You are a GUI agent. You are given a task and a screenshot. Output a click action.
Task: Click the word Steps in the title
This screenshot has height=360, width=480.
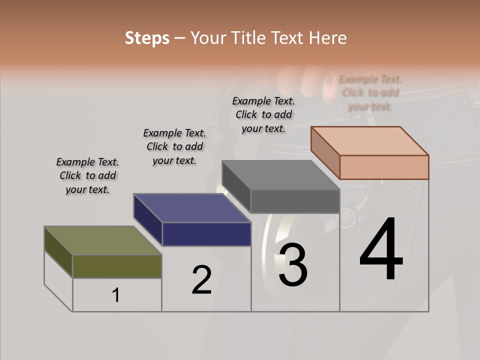(147, 38)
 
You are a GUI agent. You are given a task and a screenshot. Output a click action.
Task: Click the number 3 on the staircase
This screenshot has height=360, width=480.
(293, 265)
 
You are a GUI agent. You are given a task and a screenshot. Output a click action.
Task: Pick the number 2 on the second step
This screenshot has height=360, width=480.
(201, 280)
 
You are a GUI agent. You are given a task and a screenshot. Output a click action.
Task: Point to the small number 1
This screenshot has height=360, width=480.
(116, 295)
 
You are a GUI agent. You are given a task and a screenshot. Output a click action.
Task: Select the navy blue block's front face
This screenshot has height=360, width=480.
(206, 234)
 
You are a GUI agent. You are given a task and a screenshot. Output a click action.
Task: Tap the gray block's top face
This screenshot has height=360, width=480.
(280, 175)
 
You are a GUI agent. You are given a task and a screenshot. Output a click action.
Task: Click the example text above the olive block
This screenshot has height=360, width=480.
(87, 176)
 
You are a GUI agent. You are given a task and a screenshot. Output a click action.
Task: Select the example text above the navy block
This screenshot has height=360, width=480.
(174, 146)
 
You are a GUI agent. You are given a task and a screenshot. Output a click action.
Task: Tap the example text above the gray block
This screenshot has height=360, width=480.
(263, 114)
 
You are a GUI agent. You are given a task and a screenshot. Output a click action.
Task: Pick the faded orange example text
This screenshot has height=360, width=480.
(370, 92)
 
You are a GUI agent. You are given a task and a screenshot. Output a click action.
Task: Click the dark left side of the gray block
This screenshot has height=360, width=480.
(236, 186)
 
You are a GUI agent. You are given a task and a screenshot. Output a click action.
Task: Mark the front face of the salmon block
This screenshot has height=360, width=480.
(384, 167)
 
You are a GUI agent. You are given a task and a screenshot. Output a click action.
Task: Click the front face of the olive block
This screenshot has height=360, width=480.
(117, 266)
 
